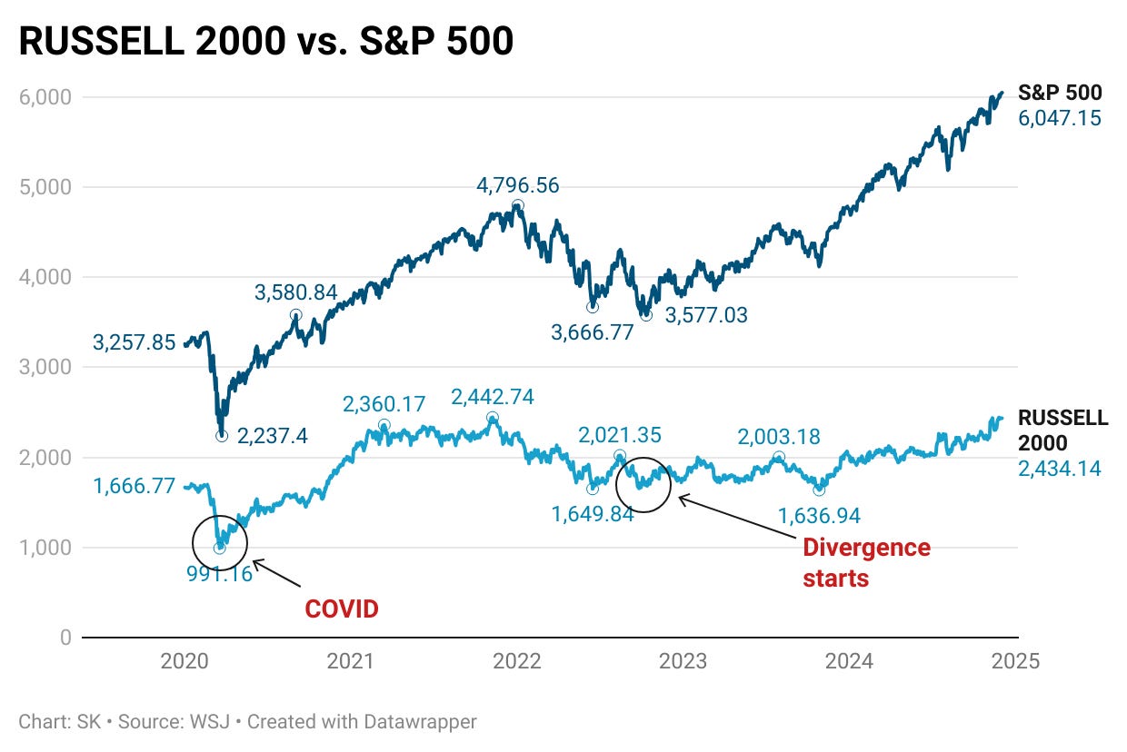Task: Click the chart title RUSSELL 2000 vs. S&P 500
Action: point(266,41)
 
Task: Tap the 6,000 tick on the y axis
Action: point(46,97)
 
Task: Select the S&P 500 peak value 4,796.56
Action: point(518,186)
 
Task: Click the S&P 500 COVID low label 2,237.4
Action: point(273,436)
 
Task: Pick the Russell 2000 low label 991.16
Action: point(221,574)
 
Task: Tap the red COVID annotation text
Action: point(341,609)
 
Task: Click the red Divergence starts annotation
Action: point(866,562)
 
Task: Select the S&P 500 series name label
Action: point(1060,93)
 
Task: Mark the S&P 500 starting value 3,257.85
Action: point(134,342)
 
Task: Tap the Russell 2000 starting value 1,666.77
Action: point(134,486)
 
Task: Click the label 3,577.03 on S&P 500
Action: point(706,316)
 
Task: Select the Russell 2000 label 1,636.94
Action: point(819,516)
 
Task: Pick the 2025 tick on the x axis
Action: point(1015,661)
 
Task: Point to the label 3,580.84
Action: point(295,292)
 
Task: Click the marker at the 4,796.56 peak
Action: point(517,206)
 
